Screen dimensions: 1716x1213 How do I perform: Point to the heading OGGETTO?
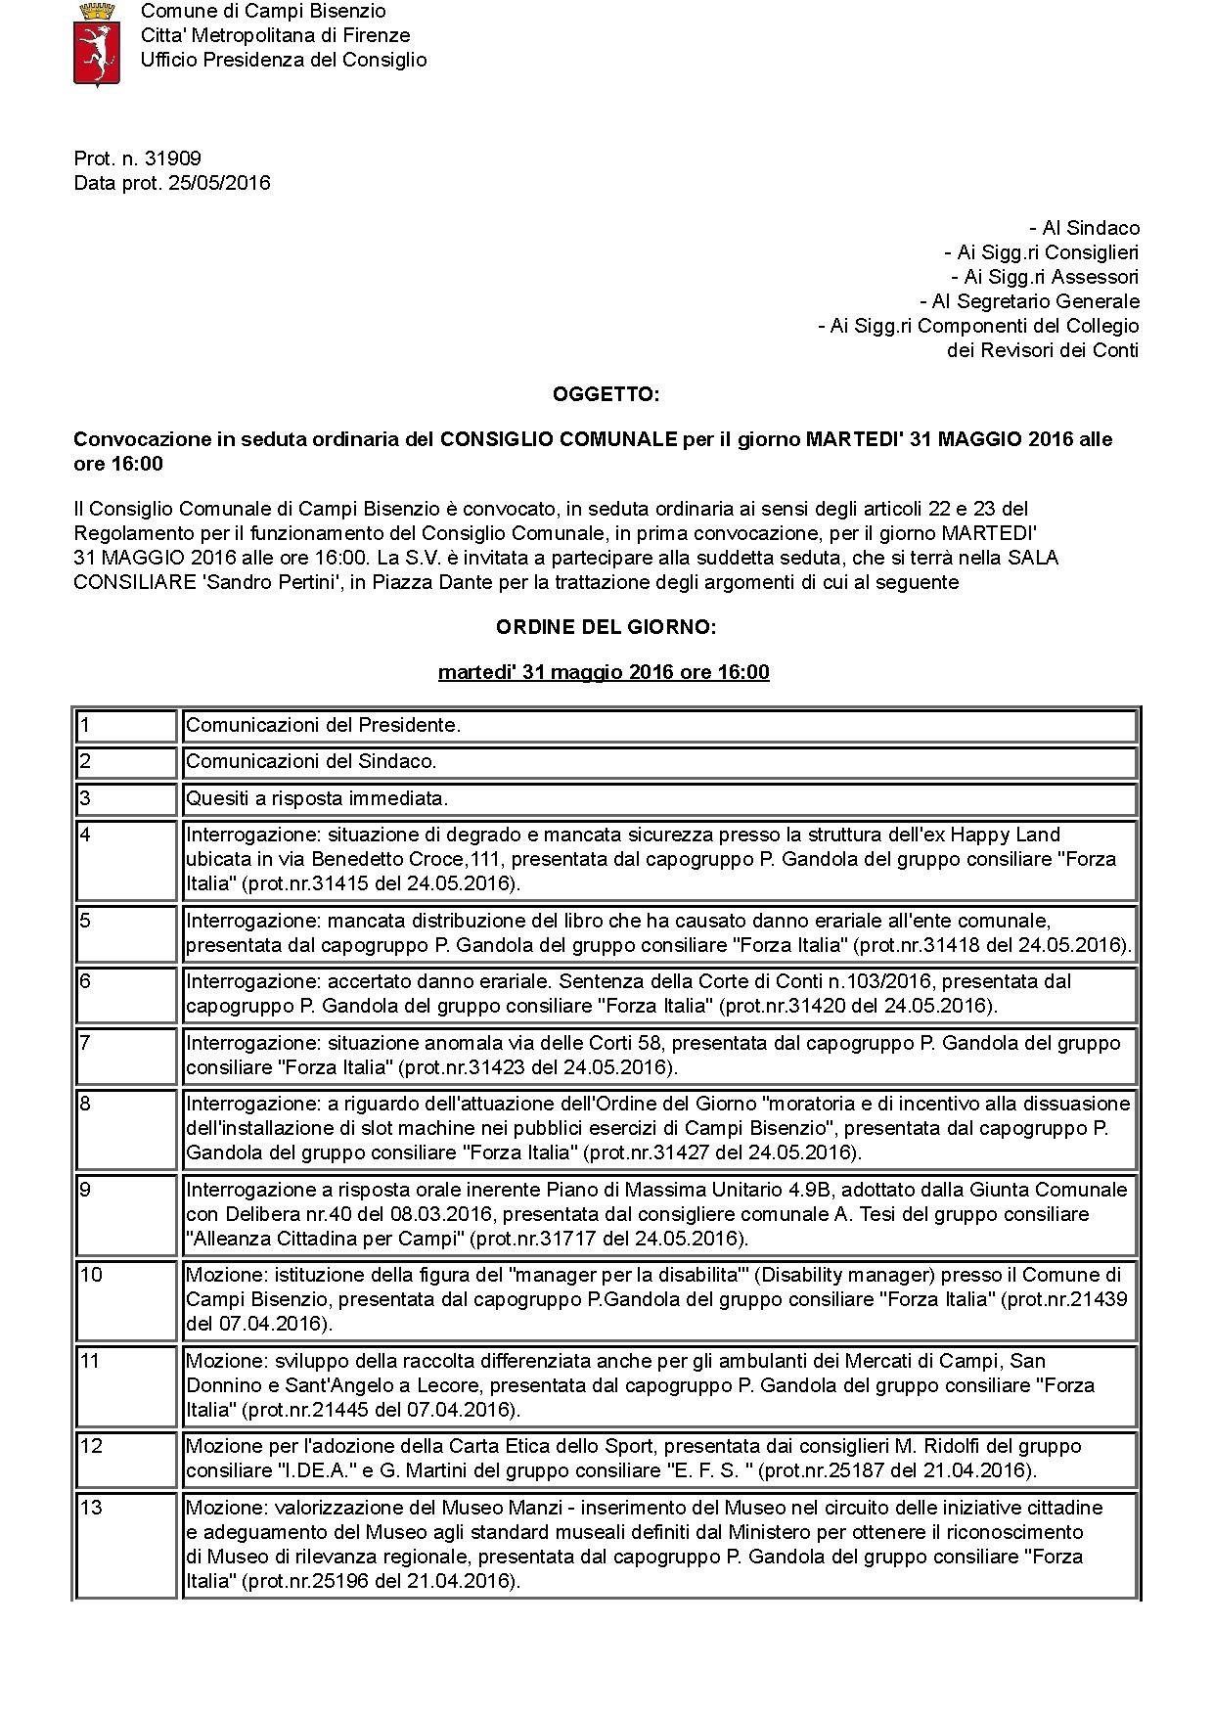[x=606, y=394]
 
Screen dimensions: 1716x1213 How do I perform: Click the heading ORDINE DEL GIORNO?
[x=606, y=627]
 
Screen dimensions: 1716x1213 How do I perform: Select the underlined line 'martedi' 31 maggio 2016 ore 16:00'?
[x=604, y=672]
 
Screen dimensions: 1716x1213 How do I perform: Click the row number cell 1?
[x=127, y=726]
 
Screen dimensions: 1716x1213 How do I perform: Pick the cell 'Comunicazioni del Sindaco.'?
[x=311, y=761]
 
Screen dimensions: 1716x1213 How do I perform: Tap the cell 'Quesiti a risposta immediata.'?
[x=317, y=798]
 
